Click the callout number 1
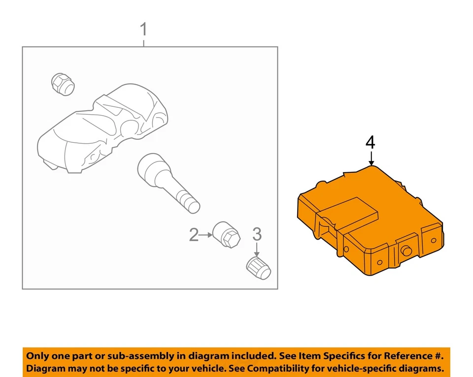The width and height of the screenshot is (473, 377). click(x=143, y=30)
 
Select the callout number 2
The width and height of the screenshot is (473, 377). click(x=194, y=235)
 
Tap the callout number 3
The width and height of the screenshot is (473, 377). click(x=257, y=234)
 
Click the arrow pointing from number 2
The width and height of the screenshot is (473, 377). click(x=206, y=236)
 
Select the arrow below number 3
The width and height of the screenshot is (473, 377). click(x=257, y=249)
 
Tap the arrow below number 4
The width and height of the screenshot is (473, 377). click(x=371, y=159)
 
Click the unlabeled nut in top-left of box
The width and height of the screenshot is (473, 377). click(x=63, y=84)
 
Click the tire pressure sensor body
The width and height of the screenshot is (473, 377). click(x=103, y=130)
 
